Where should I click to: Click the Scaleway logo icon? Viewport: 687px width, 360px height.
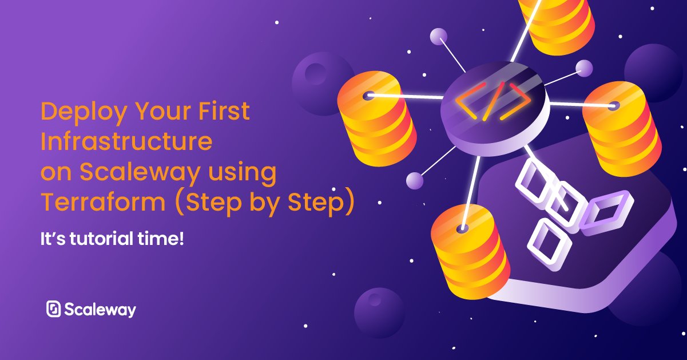tap(53, 310)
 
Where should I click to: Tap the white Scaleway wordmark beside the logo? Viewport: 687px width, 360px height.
tap(100, 310)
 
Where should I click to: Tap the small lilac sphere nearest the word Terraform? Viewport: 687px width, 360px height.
tap(414, 180)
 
